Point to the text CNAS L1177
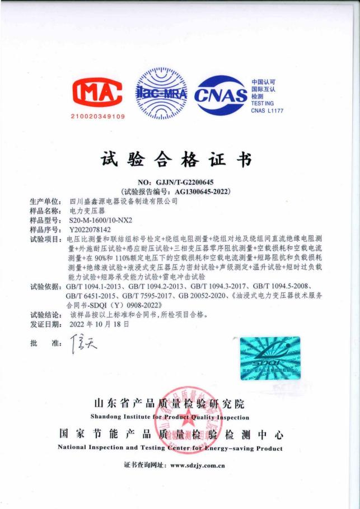(267, 111)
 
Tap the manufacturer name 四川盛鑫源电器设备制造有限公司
(123, 200)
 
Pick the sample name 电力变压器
(83, 210)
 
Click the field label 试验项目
(45, 239)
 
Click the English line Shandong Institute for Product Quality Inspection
(170, 417)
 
